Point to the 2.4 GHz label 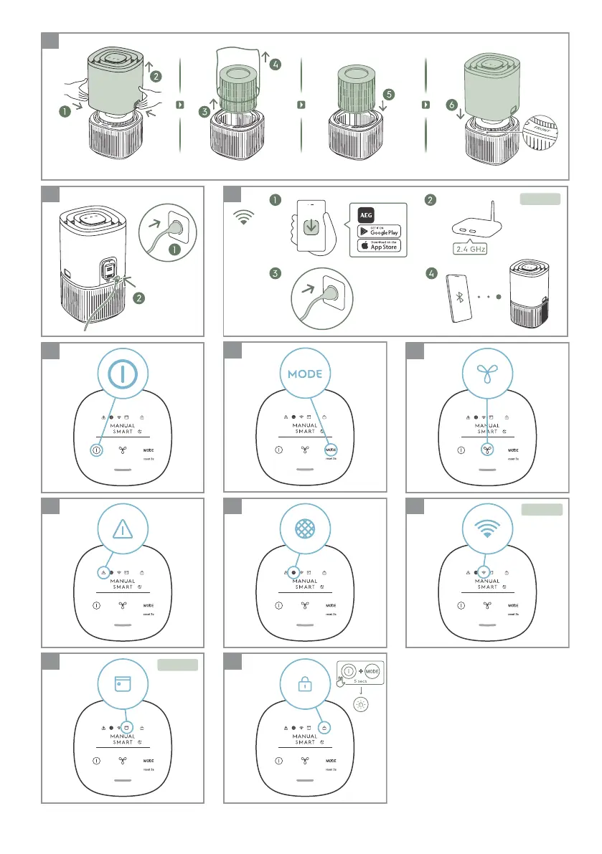(x=470, y=250)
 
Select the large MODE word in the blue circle (x=305, y=375)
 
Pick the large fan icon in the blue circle (x=487, y=375)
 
